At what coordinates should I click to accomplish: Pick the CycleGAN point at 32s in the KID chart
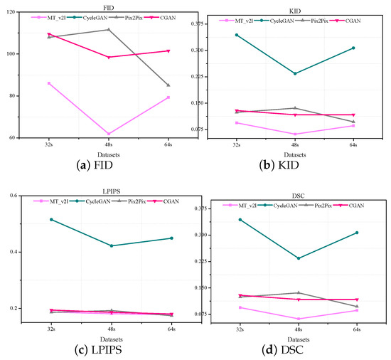point(237,35)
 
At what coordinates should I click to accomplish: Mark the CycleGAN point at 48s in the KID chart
point(295,73)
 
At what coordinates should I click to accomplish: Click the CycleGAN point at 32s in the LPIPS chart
point(50,219)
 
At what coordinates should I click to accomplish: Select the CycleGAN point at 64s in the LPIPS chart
point(171,238)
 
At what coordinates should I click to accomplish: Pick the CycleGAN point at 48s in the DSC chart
point(298,258)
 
